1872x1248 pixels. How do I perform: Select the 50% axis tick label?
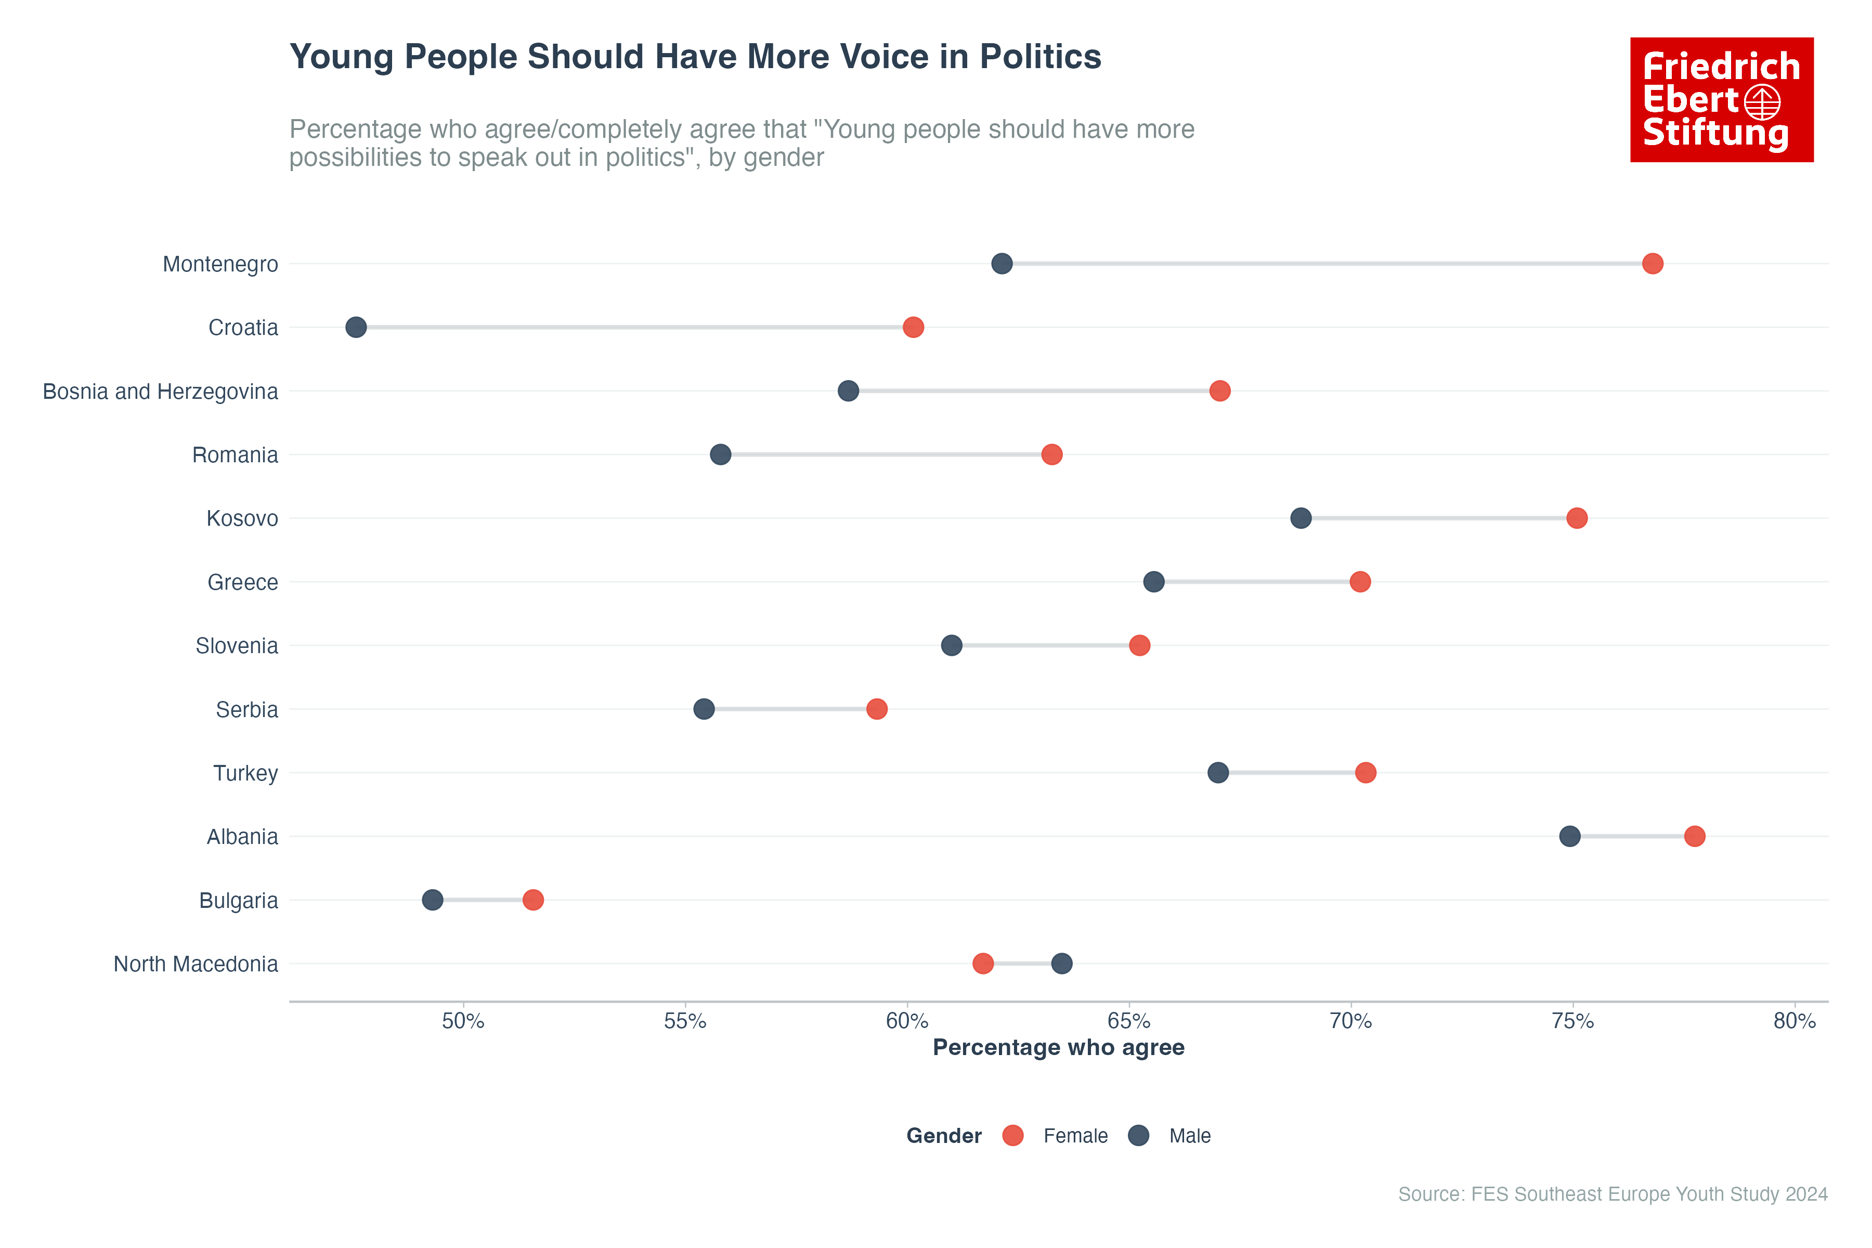(463, 1021)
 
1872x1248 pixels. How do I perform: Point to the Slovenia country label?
(237, 646)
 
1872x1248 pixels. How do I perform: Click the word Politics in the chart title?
(1041, 57)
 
